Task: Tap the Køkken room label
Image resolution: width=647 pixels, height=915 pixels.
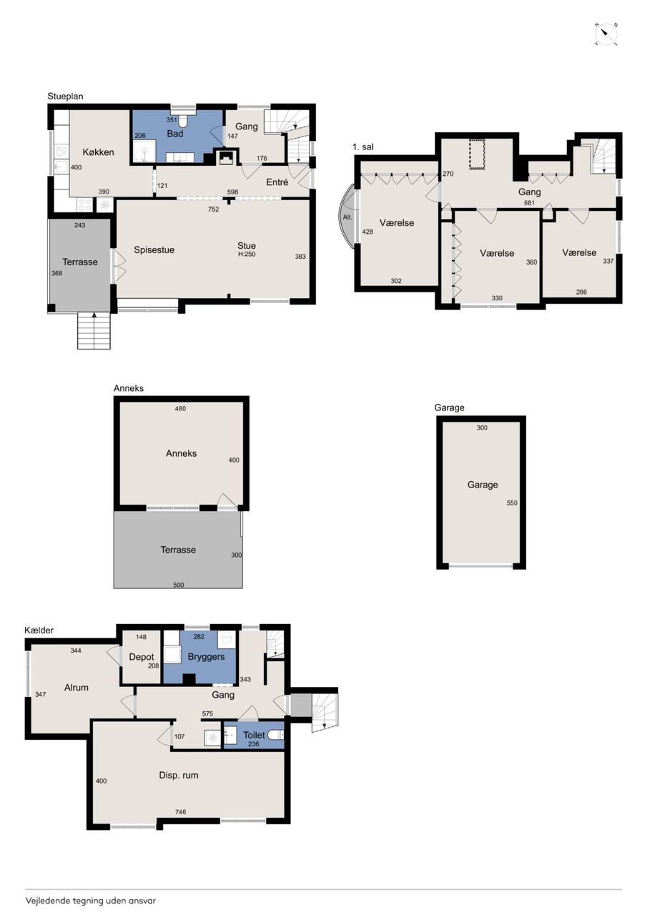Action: (x=98, y=152)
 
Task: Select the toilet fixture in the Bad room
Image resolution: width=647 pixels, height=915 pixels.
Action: (x=182, y=121)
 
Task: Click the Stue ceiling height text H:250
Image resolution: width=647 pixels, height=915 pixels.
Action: (x=247, y=254)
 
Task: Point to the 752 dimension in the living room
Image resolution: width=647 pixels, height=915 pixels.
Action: (x=213, y=209)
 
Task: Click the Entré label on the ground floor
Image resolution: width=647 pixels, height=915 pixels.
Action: (x=277, y=182)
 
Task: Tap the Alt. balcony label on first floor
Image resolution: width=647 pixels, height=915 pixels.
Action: (x=347, y=217)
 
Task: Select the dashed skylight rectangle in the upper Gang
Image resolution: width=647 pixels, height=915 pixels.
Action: (x=477, y=154)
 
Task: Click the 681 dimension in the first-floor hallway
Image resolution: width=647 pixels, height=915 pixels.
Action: (x=529, y=202)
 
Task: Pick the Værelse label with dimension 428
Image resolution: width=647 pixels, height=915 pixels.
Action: (x=397, y=222)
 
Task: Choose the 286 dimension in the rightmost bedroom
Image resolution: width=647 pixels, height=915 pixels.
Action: (x=581, y=292)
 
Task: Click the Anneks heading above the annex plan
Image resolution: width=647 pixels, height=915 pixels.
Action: (x=129, y=388)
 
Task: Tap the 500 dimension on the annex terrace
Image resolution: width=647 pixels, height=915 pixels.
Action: (x=179, y=585)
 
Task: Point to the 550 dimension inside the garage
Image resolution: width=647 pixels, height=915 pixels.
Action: (x=512, y=503)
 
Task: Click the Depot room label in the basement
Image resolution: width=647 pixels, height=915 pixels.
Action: (x=142, y=657)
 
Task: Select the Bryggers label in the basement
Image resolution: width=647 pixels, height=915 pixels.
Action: (x=207, y=657)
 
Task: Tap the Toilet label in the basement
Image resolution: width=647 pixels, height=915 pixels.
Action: (x=254, y=735)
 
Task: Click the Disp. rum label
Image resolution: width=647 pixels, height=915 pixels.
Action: (x=179, y=776)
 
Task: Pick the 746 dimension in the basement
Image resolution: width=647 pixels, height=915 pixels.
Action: (x=181, y=812)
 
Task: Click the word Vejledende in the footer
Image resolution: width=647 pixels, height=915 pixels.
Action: (x=48, y=900)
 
